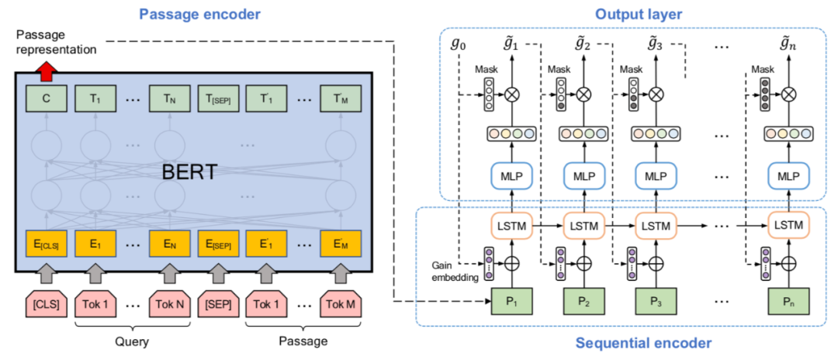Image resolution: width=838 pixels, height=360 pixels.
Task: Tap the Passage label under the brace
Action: (303, 341)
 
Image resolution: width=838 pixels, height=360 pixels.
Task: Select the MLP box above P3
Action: (656, 176)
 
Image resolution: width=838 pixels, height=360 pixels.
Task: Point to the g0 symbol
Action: (459, 43)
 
